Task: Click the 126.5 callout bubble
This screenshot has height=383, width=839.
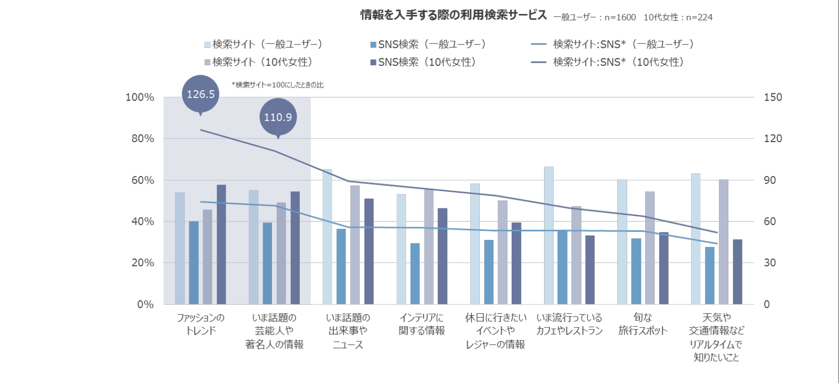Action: coord(200,94)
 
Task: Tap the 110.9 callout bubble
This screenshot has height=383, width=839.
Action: coord(278,117)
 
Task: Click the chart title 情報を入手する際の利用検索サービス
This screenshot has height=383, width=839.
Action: coord(453,15)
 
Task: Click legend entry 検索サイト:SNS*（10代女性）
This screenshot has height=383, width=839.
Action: coord(618,62)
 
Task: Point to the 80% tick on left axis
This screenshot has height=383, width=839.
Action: coord(142,139)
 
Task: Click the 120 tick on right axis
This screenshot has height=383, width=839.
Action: coord(773,139)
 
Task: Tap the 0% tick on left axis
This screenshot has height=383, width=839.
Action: coord(145,304)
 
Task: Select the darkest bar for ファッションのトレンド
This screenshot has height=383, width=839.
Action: coord(221,244)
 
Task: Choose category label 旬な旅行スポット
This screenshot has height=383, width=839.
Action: coord(642,324)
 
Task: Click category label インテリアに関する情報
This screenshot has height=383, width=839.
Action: coord(421,324)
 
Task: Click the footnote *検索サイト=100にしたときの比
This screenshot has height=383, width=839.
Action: coord(278,85)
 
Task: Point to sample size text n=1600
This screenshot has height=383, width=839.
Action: coord(620,17)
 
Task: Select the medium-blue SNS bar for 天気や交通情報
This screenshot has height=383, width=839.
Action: coord(709,275)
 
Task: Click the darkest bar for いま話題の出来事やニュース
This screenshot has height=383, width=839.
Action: coord(369,251)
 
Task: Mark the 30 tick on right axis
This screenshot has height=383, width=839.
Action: coord(770,263)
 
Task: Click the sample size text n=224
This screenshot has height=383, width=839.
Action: coord(699,17)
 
